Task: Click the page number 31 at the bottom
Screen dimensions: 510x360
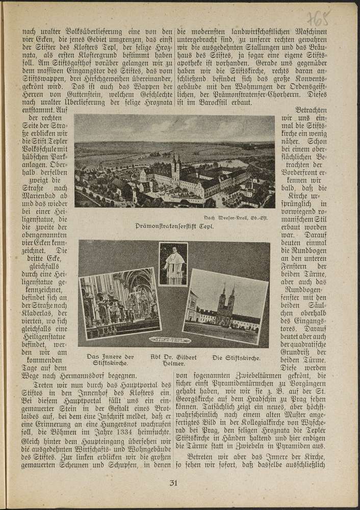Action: pos(173,483)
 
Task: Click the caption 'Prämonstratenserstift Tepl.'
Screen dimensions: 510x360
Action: pos(174,224)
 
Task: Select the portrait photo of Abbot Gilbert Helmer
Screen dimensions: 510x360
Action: pos(173,264)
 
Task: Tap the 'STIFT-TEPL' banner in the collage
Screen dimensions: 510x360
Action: pos(171,339)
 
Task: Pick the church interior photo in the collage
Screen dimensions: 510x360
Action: pos(120,304)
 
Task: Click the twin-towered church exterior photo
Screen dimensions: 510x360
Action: pos(224,305)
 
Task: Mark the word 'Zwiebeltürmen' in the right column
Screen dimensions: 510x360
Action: pos(235,378)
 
